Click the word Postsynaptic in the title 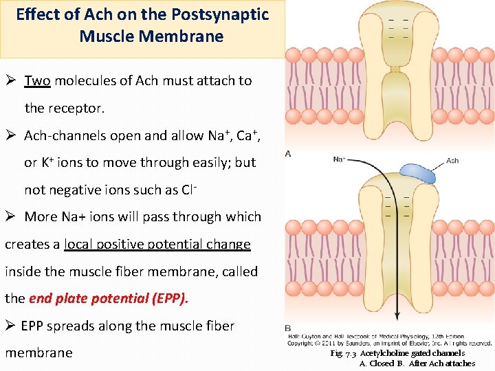pyautogui.click(x=219, y=14)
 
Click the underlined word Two pyautogui.click(x=37, y=81)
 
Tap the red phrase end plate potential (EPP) pyautogui.click(x=108, y=298)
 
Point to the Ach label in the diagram pyautogui.click(x=452, y=161)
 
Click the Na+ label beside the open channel pyautogui.click(x=339, y=160)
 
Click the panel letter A pyautogui.click(x=287, y=153)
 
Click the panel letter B pyautogui.click(x=287, y=328)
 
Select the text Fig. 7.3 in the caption pyautogui.click(x=344, y=353)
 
